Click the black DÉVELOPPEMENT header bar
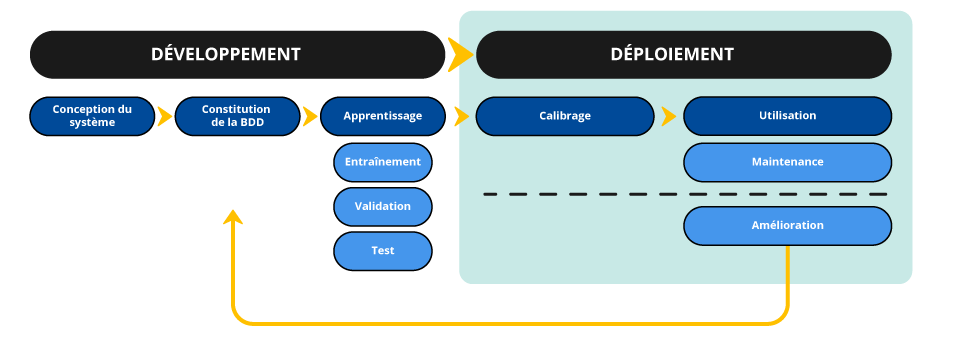[x=237, y=54]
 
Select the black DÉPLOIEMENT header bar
[x=683, y=54]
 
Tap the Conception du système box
[x=92, y=116]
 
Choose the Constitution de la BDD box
[x=237, y=116]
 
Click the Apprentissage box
[x=382, y=116]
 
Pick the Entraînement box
[x=382, y=161]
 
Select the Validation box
[x=382, y=206]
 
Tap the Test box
[x=382, y=251]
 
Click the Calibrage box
[x=565, y=116]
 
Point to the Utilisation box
[x=787, y=116]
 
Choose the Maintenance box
[x=787, y=161]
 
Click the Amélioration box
[x=787, y=225]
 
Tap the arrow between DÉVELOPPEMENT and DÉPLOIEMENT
[x=460, y=54]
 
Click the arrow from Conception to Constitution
[x=165, y=116]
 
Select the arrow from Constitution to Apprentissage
[x=310, y=116]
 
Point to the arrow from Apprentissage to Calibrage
[x=461, y=116]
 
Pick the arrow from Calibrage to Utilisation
[x=668, y=116]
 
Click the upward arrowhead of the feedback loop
[x=233, y=217]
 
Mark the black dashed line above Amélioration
[x=685, y=194]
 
